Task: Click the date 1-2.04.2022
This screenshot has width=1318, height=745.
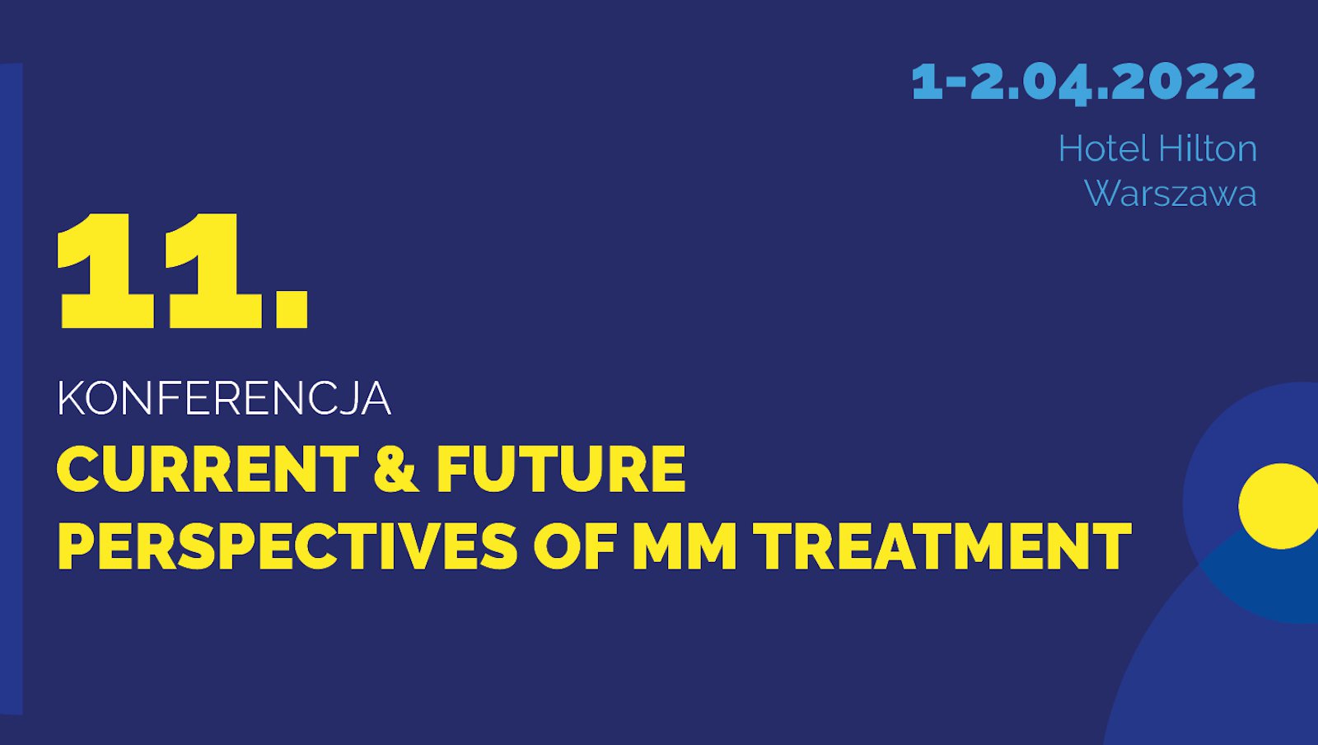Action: tap(1083, 82)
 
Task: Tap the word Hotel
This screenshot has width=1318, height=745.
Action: tap(1103, 149)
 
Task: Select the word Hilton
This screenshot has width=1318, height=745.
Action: tap(1208, 149)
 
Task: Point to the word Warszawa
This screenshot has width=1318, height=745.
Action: tap(1170, 194)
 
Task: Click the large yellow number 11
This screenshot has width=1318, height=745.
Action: tap(161, 272)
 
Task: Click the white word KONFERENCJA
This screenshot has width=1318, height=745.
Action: tap(223, 399)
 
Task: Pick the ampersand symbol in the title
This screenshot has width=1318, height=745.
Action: tap(396, 469)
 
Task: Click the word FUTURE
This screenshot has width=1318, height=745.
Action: tap(560, 469)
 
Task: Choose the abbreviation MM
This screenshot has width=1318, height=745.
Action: tap(685, 546)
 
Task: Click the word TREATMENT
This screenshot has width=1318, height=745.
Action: tap(942, 546)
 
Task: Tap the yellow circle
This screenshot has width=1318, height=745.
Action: tap(1279, 506)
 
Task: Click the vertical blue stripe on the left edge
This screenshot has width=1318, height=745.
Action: tap(11, 387)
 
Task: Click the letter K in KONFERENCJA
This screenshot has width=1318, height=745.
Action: tap(71, 399)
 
